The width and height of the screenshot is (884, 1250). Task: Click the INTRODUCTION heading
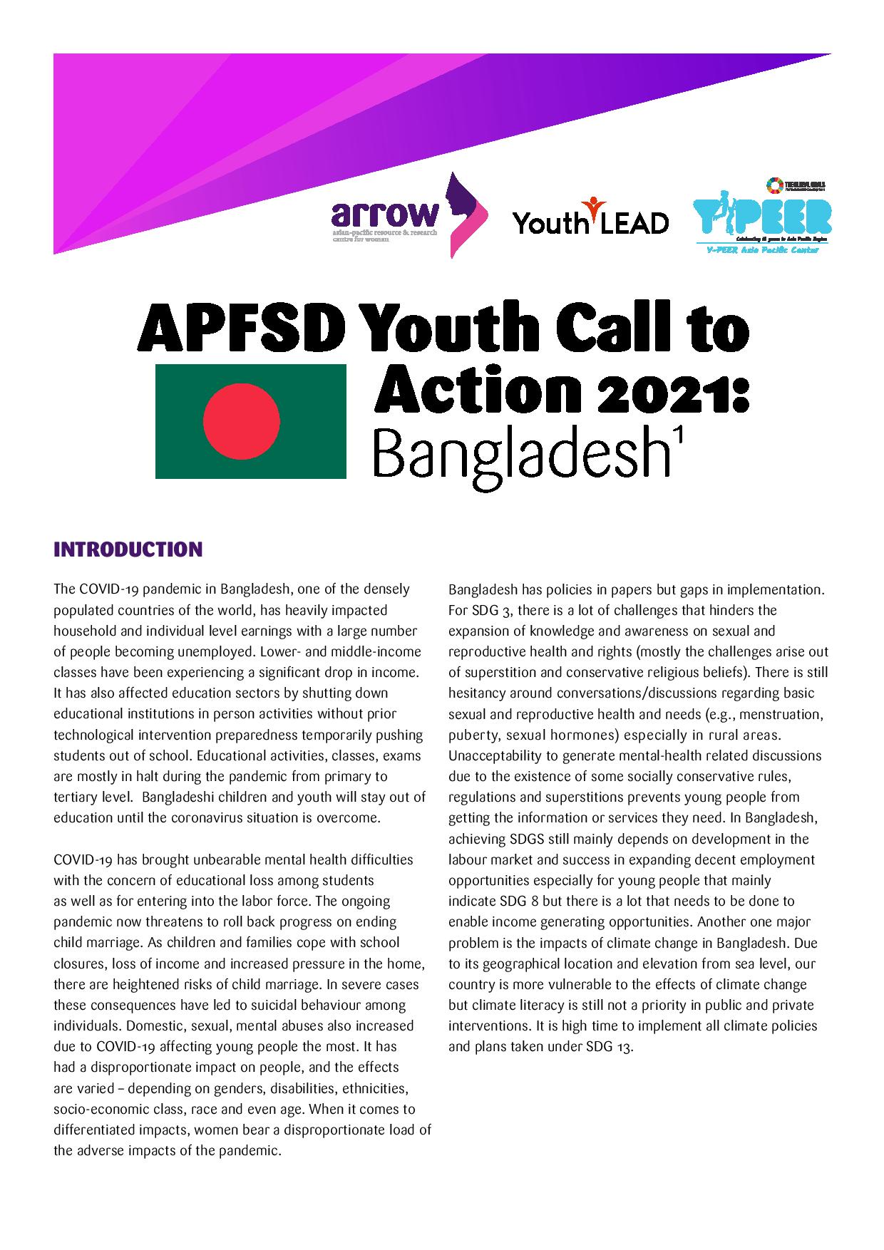[128, 549]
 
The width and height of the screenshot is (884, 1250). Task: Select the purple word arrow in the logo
[384, 212]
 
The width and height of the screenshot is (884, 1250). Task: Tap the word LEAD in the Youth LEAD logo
[632, 223]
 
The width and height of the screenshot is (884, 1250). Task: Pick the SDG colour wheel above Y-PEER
[773, 185]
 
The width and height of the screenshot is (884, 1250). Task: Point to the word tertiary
[75, 797]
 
